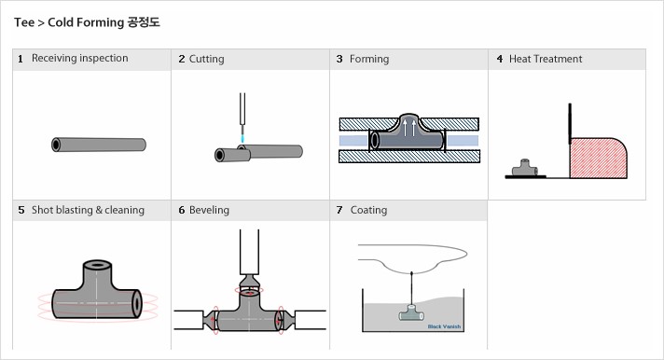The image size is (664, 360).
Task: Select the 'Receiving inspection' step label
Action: pyautogui.click(x=79, y=59)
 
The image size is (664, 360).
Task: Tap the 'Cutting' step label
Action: pyautogui.click(x=206, y=59)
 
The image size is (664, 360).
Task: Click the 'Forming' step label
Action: pyautogui.click(x=369, y=59)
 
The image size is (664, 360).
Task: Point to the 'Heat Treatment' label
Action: pyautogui.click(x=546, y=59)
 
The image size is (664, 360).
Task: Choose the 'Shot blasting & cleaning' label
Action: pyautogui.click(x=88, y=210)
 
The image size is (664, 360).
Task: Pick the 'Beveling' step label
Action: pyautogui.click(x=209, y=210)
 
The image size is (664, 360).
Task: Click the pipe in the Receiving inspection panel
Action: pyautogui.click(x=99, y=145)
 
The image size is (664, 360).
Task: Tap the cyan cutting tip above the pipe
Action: pyautogui.click(x=242, y=137)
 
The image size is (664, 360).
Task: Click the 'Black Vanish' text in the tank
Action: pyautogui.click(x=444, y=326)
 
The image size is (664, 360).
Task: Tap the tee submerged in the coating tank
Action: pyautogui.click(x=410, y=314)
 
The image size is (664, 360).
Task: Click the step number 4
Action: pyautogui.click(x=499, y=59)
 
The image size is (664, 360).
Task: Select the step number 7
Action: pyautogui.click(x=339, y=210)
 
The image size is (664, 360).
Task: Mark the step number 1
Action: pyautogui.click(x=21, y=59)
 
